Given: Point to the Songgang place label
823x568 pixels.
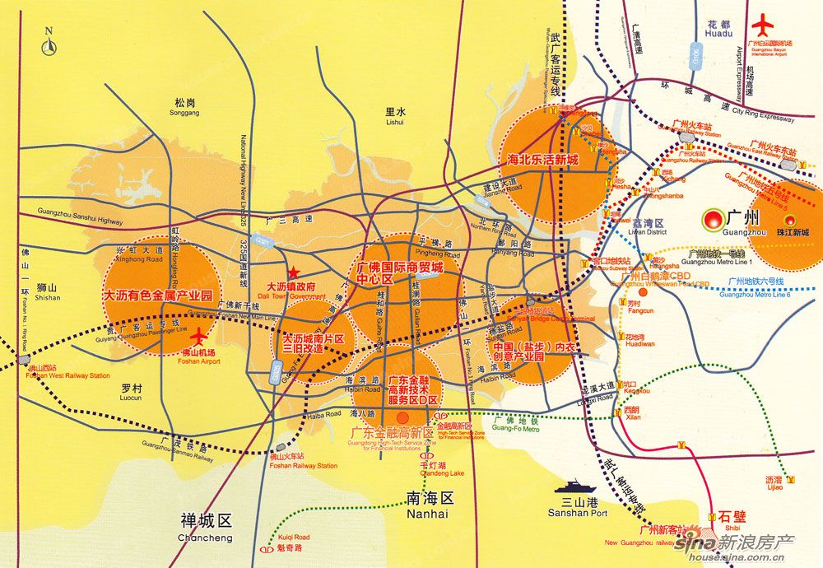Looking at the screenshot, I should [x=185, y=108].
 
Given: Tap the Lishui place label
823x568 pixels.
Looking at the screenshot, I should [x=396, y=115].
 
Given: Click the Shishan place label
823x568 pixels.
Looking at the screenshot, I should [x=48, y=292].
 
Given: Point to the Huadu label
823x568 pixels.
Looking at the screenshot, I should [x=718, y=30].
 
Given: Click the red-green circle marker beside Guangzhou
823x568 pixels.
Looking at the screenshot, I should [x=712, y=221].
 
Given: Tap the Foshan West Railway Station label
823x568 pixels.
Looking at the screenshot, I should [x=67, y=371].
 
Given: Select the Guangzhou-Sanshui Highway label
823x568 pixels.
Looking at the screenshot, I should [x=80, y=217].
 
